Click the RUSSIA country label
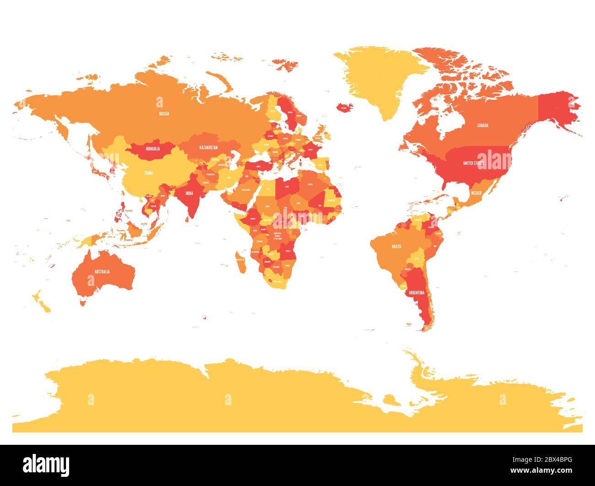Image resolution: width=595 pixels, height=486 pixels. click(164, 113)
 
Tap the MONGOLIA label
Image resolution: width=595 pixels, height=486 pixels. click(153, 149)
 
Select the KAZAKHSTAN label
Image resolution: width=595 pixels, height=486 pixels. click(208, 148)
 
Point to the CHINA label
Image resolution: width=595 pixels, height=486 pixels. click(149, 173)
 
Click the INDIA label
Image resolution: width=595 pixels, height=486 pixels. click(189, 193)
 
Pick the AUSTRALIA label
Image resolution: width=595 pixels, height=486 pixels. click(102, 272)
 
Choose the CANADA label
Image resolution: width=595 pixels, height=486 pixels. click(482, 125)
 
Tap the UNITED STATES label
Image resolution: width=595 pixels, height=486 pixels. click(473, 163)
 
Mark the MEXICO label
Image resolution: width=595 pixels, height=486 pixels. click(476, 193)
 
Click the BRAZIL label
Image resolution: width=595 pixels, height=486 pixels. click(396, 247)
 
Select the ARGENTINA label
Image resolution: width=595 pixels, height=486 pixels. click(417, 292)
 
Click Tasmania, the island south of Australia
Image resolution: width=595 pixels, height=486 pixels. click(82, 302)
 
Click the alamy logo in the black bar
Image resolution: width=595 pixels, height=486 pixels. click(46, 464)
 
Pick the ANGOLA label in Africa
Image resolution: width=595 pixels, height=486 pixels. click(288, 251)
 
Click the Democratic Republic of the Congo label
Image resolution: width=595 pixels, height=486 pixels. click(277, 236)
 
